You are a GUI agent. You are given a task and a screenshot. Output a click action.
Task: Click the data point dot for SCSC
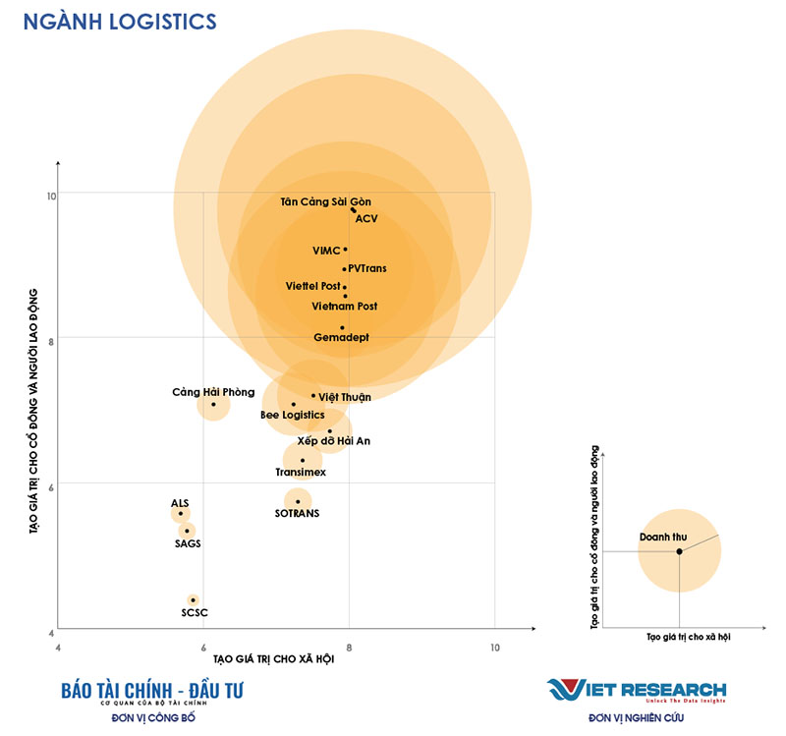[x=194, y=599]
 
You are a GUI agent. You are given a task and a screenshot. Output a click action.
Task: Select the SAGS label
[x=188, y=543]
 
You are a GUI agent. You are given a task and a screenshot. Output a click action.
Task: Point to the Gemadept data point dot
[x=342, y=327]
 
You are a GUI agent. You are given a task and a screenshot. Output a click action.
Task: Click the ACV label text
[x=366, y=218]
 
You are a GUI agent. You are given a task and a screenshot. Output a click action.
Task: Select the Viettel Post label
[x=312, y=286]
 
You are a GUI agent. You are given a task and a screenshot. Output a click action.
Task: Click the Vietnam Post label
[x=344, y=307]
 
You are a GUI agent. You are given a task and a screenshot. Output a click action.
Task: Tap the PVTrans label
[x=367, y=268]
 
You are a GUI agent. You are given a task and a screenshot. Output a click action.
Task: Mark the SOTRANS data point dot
[x=298, y=501]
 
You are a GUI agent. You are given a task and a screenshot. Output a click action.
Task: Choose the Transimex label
[x=301, y=473]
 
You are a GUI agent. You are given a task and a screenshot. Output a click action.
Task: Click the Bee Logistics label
[x=292, y=416]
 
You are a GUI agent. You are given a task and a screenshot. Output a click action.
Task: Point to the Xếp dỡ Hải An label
[x=334, y=441]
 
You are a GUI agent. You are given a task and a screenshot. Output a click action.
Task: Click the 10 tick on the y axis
[x=50, y=194]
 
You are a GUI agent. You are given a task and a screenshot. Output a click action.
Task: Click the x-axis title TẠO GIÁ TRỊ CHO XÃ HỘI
[x=273, y=659]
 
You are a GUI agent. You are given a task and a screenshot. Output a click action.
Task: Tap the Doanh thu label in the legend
[x=657, y=538]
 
